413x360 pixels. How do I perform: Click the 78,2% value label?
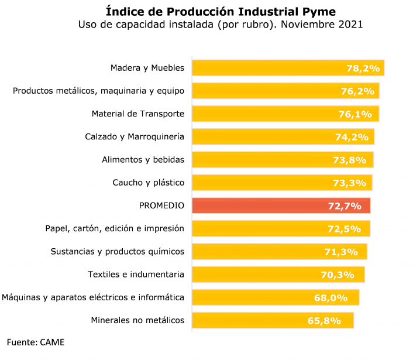click(363, 68)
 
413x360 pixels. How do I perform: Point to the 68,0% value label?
click(331, 298)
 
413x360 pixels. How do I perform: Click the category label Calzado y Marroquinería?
click(135, 136)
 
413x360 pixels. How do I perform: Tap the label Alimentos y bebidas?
click(143, 159)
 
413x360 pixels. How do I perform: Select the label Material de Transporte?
click(137, 114)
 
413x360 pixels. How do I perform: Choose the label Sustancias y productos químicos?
click(117, 251)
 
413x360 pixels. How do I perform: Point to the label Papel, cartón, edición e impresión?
click(115, 228)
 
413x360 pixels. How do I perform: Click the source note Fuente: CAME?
click(36, 342)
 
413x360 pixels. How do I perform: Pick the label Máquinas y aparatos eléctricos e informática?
click(93, 297)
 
